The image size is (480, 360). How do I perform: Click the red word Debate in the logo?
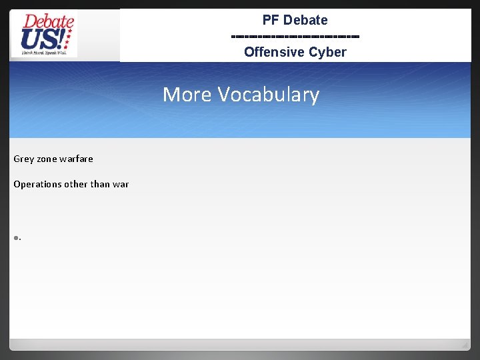click(x=47, y=22)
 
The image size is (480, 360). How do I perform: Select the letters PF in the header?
click(x=271, y=20)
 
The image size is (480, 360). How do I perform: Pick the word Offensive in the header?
click(x=272, y=52)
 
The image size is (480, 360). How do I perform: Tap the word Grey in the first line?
click(x=23, y=159)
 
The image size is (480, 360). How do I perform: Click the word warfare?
click(x=76, y=159)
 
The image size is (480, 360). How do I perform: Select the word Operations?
click(x=37, y=184)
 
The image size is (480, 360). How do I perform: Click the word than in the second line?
click(x=101, y=184)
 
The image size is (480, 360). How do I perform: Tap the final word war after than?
click(x=121, y=184)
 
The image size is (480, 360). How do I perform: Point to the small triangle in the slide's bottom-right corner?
click(x=464, y=345)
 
